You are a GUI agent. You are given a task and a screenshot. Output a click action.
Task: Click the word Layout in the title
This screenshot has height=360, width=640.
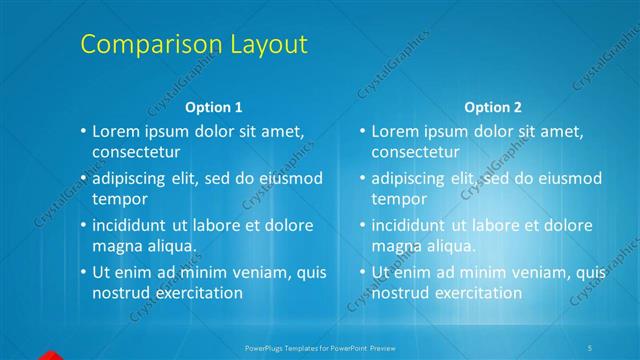pos(263,45)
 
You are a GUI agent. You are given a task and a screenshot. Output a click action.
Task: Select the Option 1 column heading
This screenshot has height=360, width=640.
pos(214,107)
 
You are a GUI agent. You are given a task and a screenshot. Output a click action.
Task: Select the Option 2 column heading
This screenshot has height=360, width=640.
pos(493,107)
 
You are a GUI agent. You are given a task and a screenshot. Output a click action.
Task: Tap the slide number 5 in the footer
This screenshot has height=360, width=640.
pos(590,347)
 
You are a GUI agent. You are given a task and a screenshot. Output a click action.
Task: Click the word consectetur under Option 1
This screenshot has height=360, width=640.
pos(136,152)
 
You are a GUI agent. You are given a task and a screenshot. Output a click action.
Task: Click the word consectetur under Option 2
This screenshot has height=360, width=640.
pos(415,152)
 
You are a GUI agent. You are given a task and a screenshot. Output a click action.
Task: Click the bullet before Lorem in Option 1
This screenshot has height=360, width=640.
pos(83,132)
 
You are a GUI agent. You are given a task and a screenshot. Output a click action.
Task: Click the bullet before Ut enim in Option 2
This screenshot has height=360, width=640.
pos(362,272)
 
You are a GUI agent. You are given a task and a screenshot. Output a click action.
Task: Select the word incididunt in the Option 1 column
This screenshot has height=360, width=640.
pos(134,225)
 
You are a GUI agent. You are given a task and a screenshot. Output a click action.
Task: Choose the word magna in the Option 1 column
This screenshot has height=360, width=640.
pos(117,245)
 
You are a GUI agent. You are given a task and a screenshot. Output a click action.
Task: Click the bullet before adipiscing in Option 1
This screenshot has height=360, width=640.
pos(83,179)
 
